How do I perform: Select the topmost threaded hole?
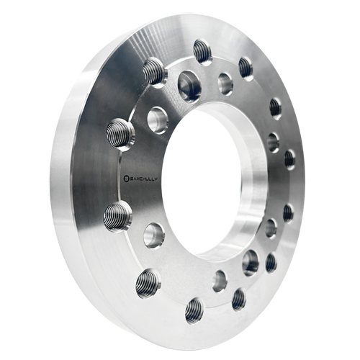coord(203,52)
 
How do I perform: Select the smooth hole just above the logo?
coord(158,119)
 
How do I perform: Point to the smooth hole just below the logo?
coord(153,234)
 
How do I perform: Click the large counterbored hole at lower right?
coord(251,262)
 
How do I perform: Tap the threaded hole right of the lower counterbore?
coord(271,262)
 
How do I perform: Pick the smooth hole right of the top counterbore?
coord(225,83)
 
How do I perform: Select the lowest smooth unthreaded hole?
coord(220,280)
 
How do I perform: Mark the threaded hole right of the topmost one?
coord(246,68)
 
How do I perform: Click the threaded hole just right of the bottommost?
coord(238,299)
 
